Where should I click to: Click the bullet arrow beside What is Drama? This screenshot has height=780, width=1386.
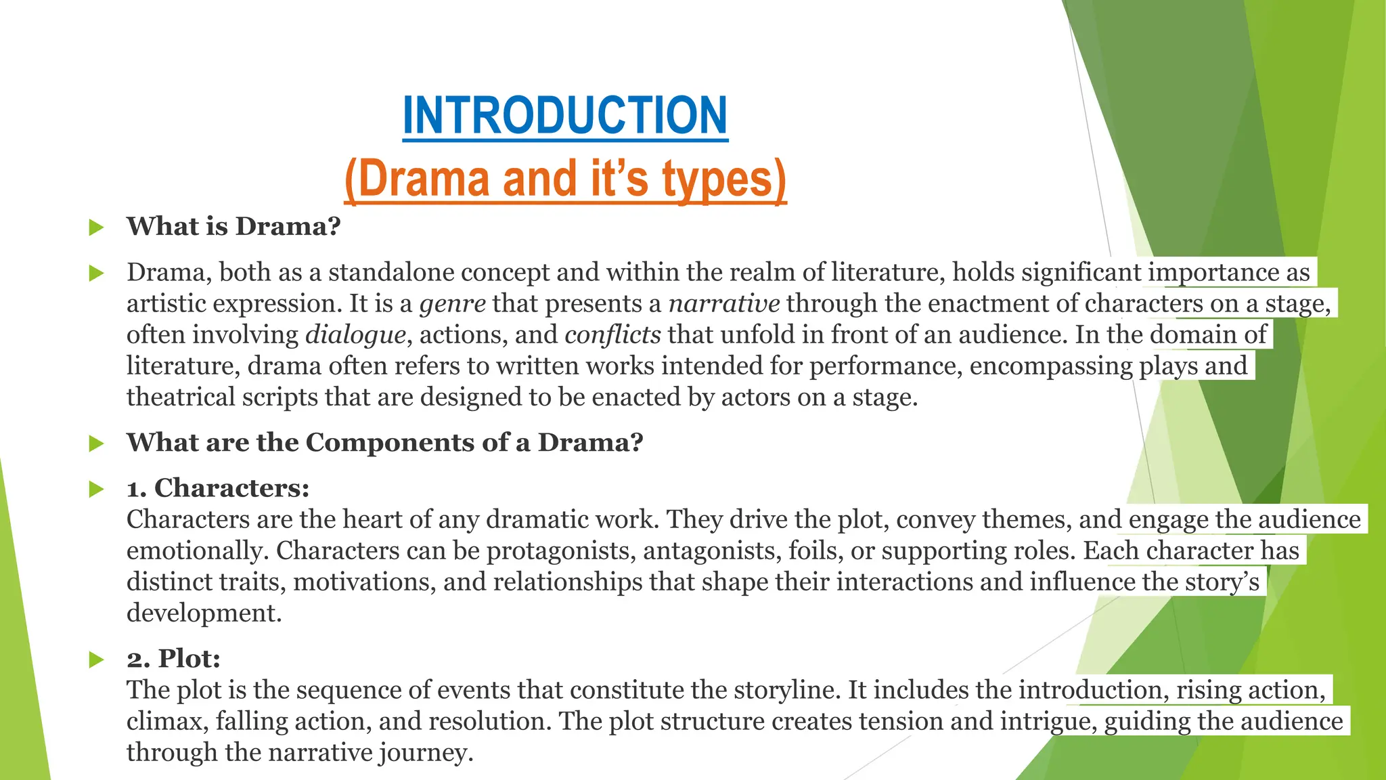[96, 227]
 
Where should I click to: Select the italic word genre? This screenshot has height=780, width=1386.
[452, 304]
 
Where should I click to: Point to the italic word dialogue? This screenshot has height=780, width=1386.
[355, 335]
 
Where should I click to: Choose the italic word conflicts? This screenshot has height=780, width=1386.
[612, 334]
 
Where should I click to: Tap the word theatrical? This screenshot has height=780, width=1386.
[181, 397]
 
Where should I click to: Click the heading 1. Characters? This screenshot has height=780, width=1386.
[218, 488]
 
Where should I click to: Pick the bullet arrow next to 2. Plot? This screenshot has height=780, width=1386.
[96, 659]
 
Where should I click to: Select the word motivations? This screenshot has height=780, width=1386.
[364, 582]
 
